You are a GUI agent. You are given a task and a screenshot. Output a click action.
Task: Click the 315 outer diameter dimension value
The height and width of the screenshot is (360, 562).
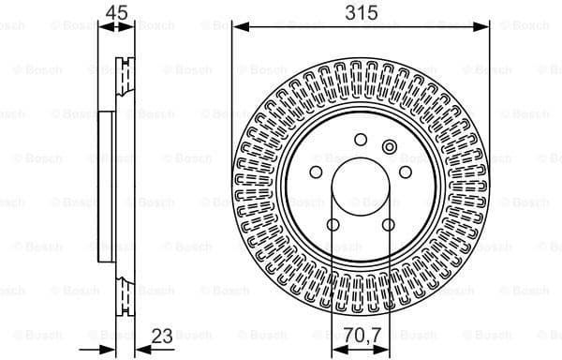click(360, 12)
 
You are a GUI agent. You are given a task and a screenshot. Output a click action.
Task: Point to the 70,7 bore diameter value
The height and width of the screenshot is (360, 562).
click(361, 333)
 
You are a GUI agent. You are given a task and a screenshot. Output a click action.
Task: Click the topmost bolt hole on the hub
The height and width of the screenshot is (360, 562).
click(361, 140)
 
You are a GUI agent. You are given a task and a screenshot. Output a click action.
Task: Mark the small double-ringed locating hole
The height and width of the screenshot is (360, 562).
click(390, 145)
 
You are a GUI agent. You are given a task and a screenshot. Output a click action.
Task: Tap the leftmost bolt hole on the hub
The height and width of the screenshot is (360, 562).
click(316, 172)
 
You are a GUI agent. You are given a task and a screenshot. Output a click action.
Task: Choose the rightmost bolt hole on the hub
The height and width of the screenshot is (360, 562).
click(406, 172)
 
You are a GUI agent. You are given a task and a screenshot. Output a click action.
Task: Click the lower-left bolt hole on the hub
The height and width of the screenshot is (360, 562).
click(333, 225)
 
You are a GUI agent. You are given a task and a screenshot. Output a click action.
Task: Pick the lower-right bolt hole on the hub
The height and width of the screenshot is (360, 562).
click(388, 225)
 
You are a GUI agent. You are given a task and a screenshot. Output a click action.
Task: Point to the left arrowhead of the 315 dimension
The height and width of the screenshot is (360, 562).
click(236, 28)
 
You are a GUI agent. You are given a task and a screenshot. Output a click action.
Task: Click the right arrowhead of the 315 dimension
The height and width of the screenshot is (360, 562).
click(484, 28)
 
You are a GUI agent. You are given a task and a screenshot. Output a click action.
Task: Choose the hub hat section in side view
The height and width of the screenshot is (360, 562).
click(106, 187)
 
